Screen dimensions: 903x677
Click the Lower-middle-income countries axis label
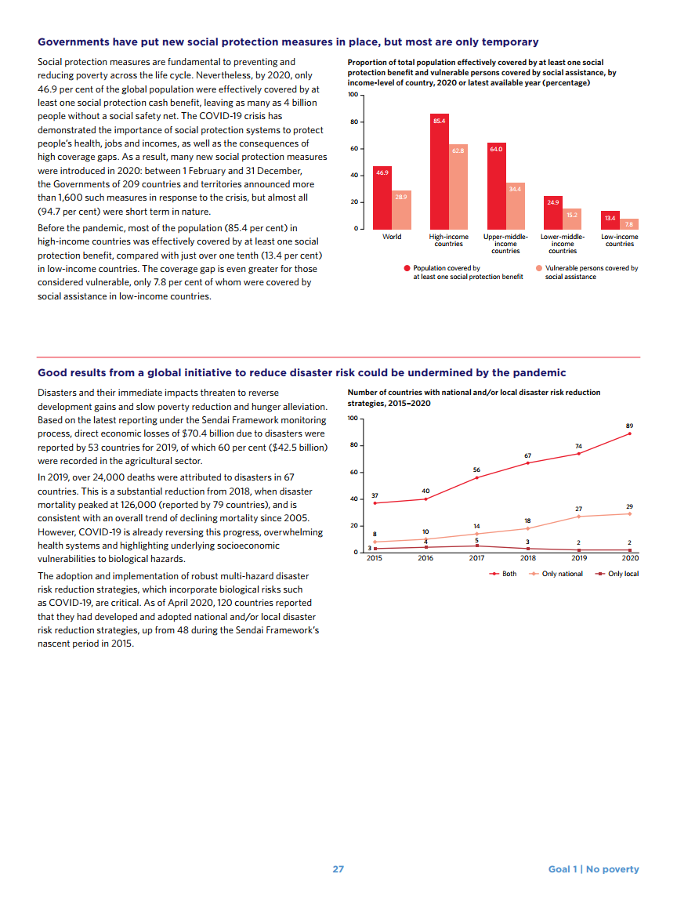click(563, 244)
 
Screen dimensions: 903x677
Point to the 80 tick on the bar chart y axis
click(353, 122)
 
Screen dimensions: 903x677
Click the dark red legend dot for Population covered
click(407, 268)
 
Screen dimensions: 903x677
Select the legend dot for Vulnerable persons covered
click(538, 268)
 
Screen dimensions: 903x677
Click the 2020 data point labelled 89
click(629, 433)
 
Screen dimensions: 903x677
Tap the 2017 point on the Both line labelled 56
click(476, 477)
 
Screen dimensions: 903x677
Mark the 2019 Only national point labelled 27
click(578, 517)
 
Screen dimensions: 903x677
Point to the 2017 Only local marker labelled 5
click(476, 546)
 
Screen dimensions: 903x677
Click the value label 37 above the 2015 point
click(375, 495)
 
